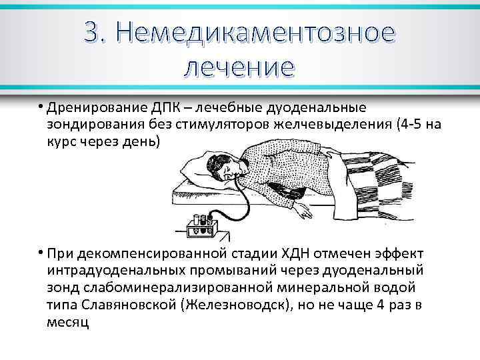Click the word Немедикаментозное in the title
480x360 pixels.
pos(260,31)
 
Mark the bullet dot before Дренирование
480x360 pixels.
pos(41,107)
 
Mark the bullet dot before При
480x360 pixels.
pos(41,255)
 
